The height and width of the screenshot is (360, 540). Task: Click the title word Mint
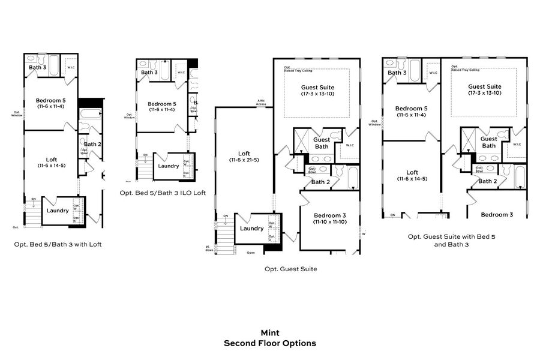click(270, 332)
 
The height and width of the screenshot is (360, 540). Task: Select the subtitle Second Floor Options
click(270, 344)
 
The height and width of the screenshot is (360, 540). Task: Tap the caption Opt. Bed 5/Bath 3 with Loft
click(62, 245)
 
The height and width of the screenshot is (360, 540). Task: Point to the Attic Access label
click(261, 102)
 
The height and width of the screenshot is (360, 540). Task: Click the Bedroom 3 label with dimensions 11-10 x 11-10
click(330, 218)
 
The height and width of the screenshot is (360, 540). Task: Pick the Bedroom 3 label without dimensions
click(497, 214)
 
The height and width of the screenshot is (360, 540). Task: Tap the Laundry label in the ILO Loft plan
click(169, 166)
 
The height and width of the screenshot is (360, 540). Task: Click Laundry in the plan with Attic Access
click(251, 229)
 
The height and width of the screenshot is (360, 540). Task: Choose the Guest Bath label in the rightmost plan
click(489, 142)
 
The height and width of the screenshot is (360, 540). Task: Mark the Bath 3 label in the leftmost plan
click(37, 67)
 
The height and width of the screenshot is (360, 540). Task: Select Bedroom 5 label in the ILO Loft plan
click(161, 106)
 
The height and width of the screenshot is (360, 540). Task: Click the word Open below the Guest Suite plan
click(251, 253)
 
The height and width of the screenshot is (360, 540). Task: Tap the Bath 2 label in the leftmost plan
click(92, 144)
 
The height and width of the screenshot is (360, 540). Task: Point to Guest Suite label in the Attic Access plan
click(318, 90)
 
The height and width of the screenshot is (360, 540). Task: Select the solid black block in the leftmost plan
click(90, 103)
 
